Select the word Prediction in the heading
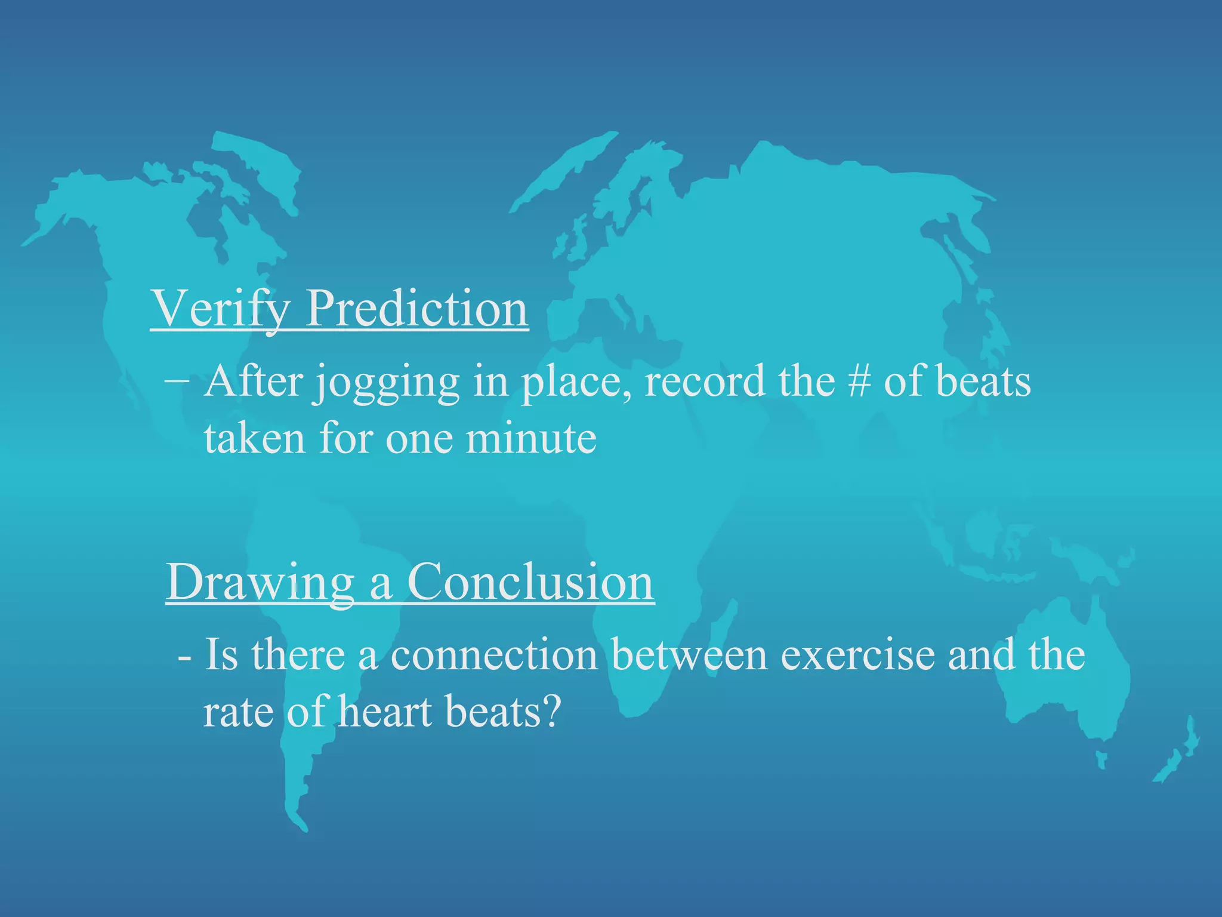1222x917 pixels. (x=416, y=309)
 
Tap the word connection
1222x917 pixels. (x=494, y=655)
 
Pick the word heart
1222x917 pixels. (x=385, y=712)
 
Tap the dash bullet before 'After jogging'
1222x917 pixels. (x=177, y=380)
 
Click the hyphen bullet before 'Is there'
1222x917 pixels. (x=185, y=659)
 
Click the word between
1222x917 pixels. (x=689, y=655)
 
